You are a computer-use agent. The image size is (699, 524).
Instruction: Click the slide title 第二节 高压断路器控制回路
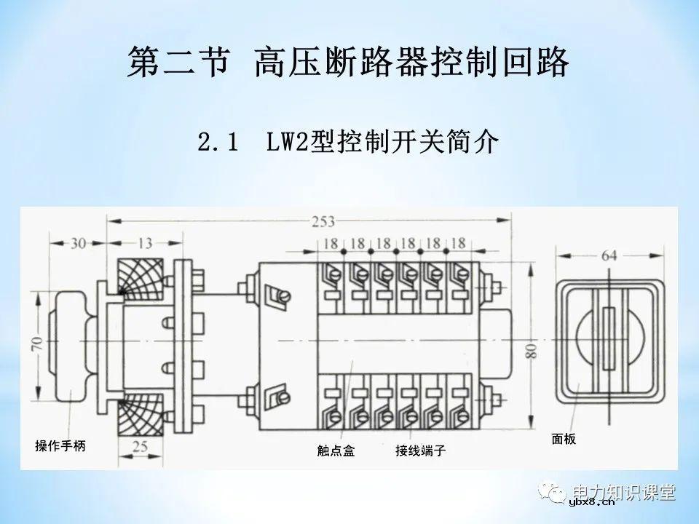coord(348,63)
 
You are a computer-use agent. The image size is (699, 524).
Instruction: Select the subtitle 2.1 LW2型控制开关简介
coord(348,142)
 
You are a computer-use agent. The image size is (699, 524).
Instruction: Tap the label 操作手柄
coord(60,445)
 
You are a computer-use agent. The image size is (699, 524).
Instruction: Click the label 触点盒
coord(336,451)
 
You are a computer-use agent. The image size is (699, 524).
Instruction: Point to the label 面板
coord(564,440)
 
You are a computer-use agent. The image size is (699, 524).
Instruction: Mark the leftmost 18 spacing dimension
coord(331,243)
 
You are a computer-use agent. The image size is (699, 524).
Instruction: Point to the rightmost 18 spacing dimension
coord(458,243)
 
